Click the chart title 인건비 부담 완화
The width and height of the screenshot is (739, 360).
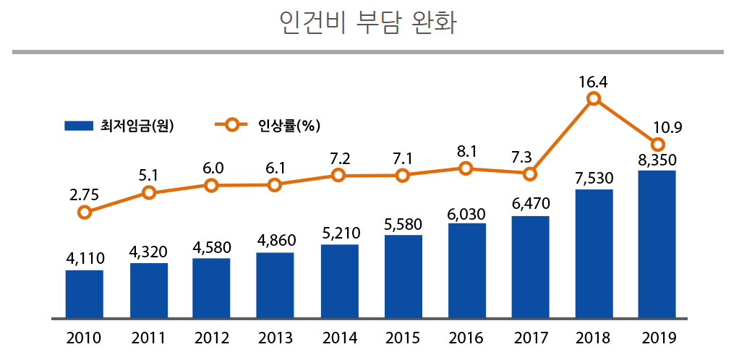tap(369, 22)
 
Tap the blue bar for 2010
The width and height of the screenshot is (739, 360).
tap(84, 293)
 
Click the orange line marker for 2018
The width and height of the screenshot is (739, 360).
tap(594, 99)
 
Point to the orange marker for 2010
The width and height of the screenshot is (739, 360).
tap(85, 212)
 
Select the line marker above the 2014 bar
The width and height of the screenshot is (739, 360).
tap(339, 176)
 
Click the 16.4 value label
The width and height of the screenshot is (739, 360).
tap(593, 82)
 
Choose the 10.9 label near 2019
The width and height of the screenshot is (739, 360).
tap(667, 128)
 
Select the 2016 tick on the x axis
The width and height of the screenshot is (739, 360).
tap(466, 338)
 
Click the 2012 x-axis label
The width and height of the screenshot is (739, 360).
tap(211, 338)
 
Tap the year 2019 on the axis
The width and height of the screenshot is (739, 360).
tap(657, 338)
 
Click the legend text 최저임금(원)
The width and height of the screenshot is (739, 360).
tap(138, 125)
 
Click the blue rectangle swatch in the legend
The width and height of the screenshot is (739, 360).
tap(79, 125)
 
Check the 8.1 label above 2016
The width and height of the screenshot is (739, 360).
tap(466, 152)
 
